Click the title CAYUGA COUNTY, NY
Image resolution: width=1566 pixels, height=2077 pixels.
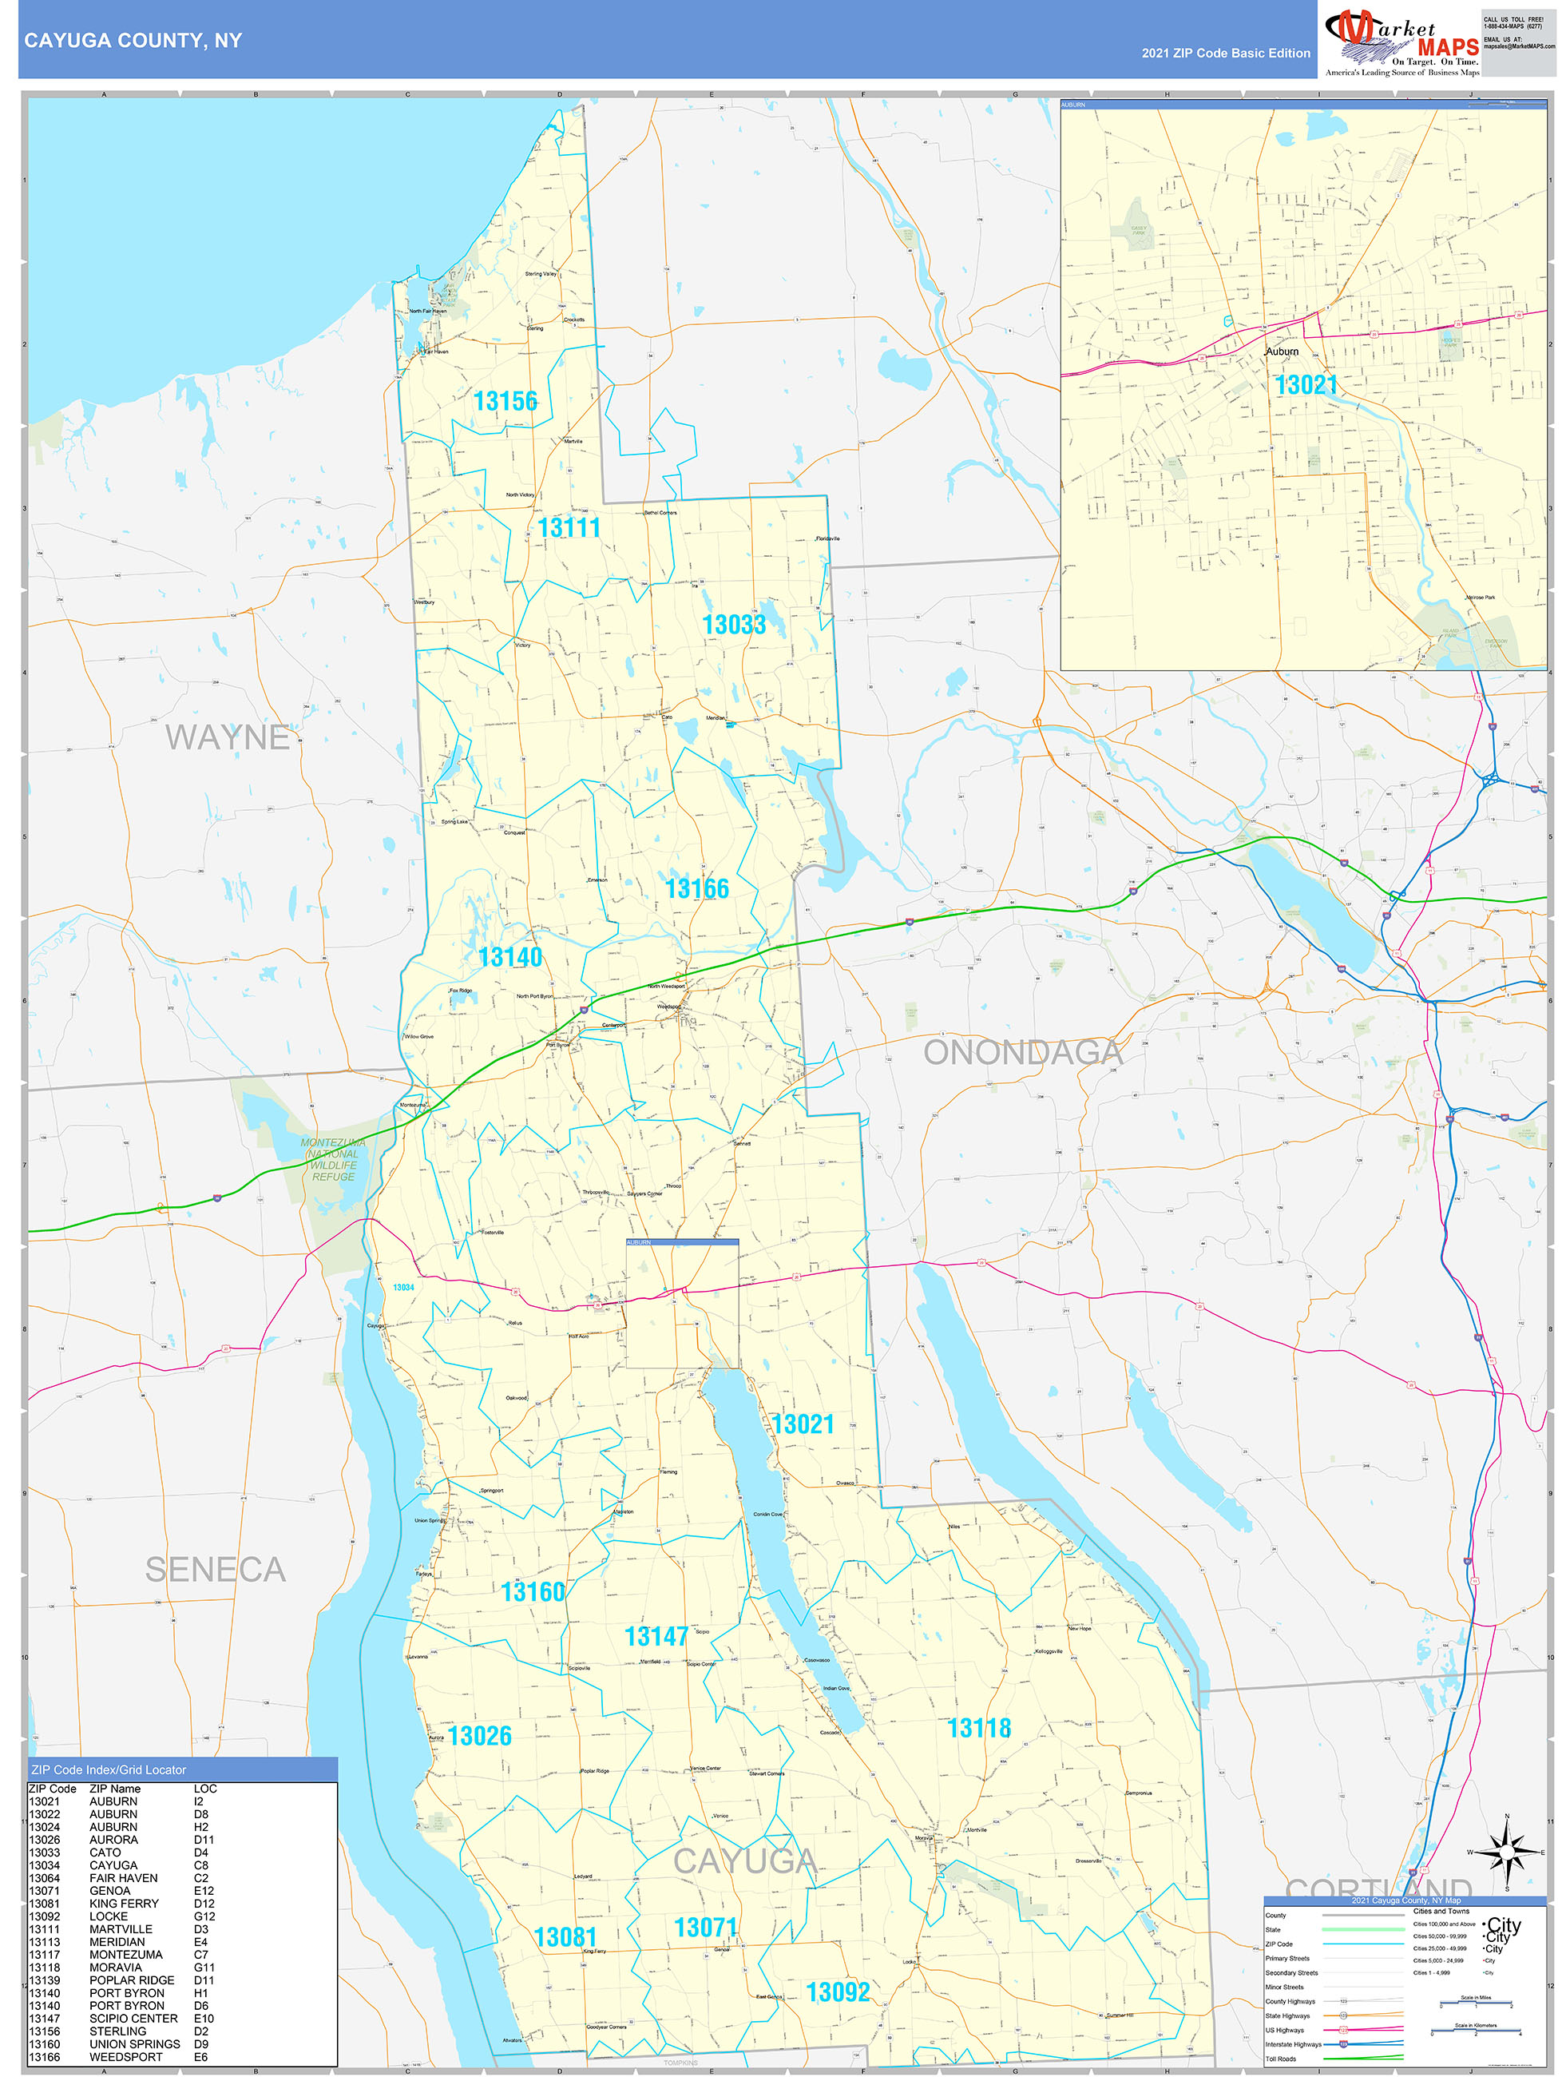pos(133,41)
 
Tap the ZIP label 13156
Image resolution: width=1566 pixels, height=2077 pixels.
pos(505,402)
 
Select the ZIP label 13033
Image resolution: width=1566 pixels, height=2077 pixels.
pos(733,625)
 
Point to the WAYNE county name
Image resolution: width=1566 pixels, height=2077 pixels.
pos(228,738)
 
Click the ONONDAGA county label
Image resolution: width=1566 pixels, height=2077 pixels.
pos(1021,1053)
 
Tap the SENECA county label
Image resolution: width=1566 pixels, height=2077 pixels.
pos(215,1570)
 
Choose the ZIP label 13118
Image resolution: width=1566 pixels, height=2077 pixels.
pos(978,1729)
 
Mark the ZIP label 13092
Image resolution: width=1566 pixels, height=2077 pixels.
pos(838,1992)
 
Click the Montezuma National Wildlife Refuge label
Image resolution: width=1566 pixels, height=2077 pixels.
pos(333,1160)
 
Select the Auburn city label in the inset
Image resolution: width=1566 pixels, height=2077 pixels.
pos(1282,351)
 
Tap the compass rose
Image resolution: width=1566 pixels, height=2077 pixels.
pos(1507,1853)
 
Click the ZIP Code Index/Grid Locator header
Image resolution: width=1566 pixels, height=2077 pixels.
pos(108,1770)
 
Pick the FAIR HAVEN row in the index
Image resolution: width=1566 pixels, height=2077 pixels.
pos(123,1878)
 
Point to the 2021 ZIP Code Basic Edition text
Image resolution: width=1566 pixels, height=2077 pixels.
pos(1225,54)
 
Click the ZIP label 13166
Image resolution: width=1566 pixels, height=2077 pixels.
pos(696,888)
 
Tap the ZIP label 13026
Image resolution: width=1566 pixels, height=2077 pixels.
pos(480,1736)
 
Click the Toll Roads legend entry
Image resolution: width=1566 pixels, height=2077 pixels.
pos(1281,2058)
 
